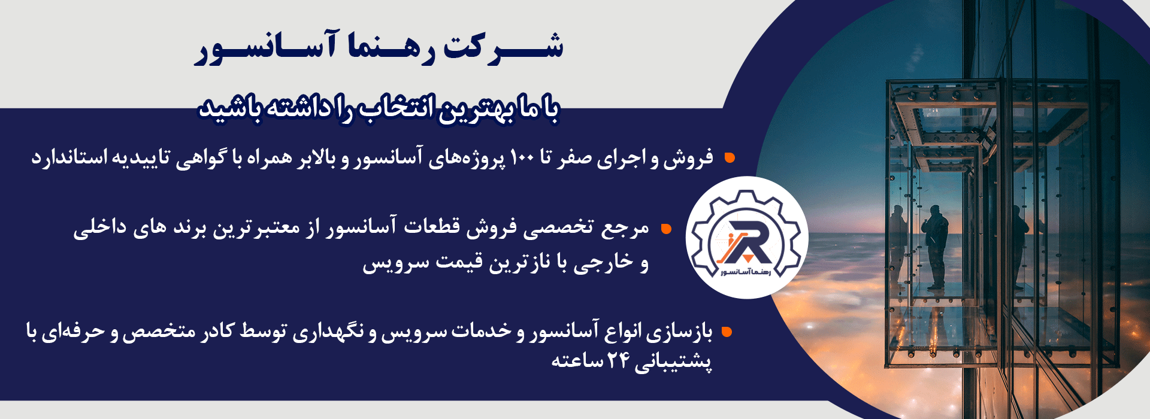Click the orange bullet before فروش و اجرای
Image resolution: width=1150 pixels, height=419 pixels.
[x=729, y=158]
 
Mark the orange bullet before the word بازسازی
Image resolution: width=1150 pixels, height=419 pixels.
[x=727, y=332]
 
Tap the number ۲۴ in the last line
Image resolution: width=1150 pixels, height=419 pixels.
[x=618, y=362]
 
